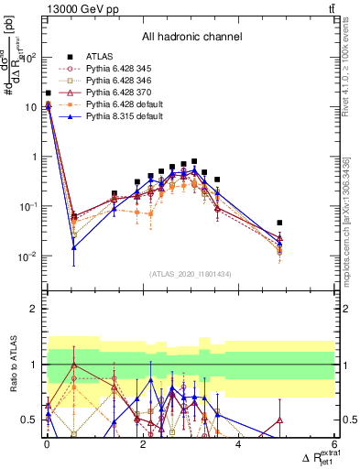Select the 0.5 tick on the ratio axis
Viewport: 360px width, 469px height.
tap(28, 420)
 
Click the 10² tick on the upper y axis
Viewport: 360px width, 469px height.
tap(27, 57)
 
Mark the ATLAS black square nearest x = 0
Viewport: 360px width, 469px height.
tap(48, 93)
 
